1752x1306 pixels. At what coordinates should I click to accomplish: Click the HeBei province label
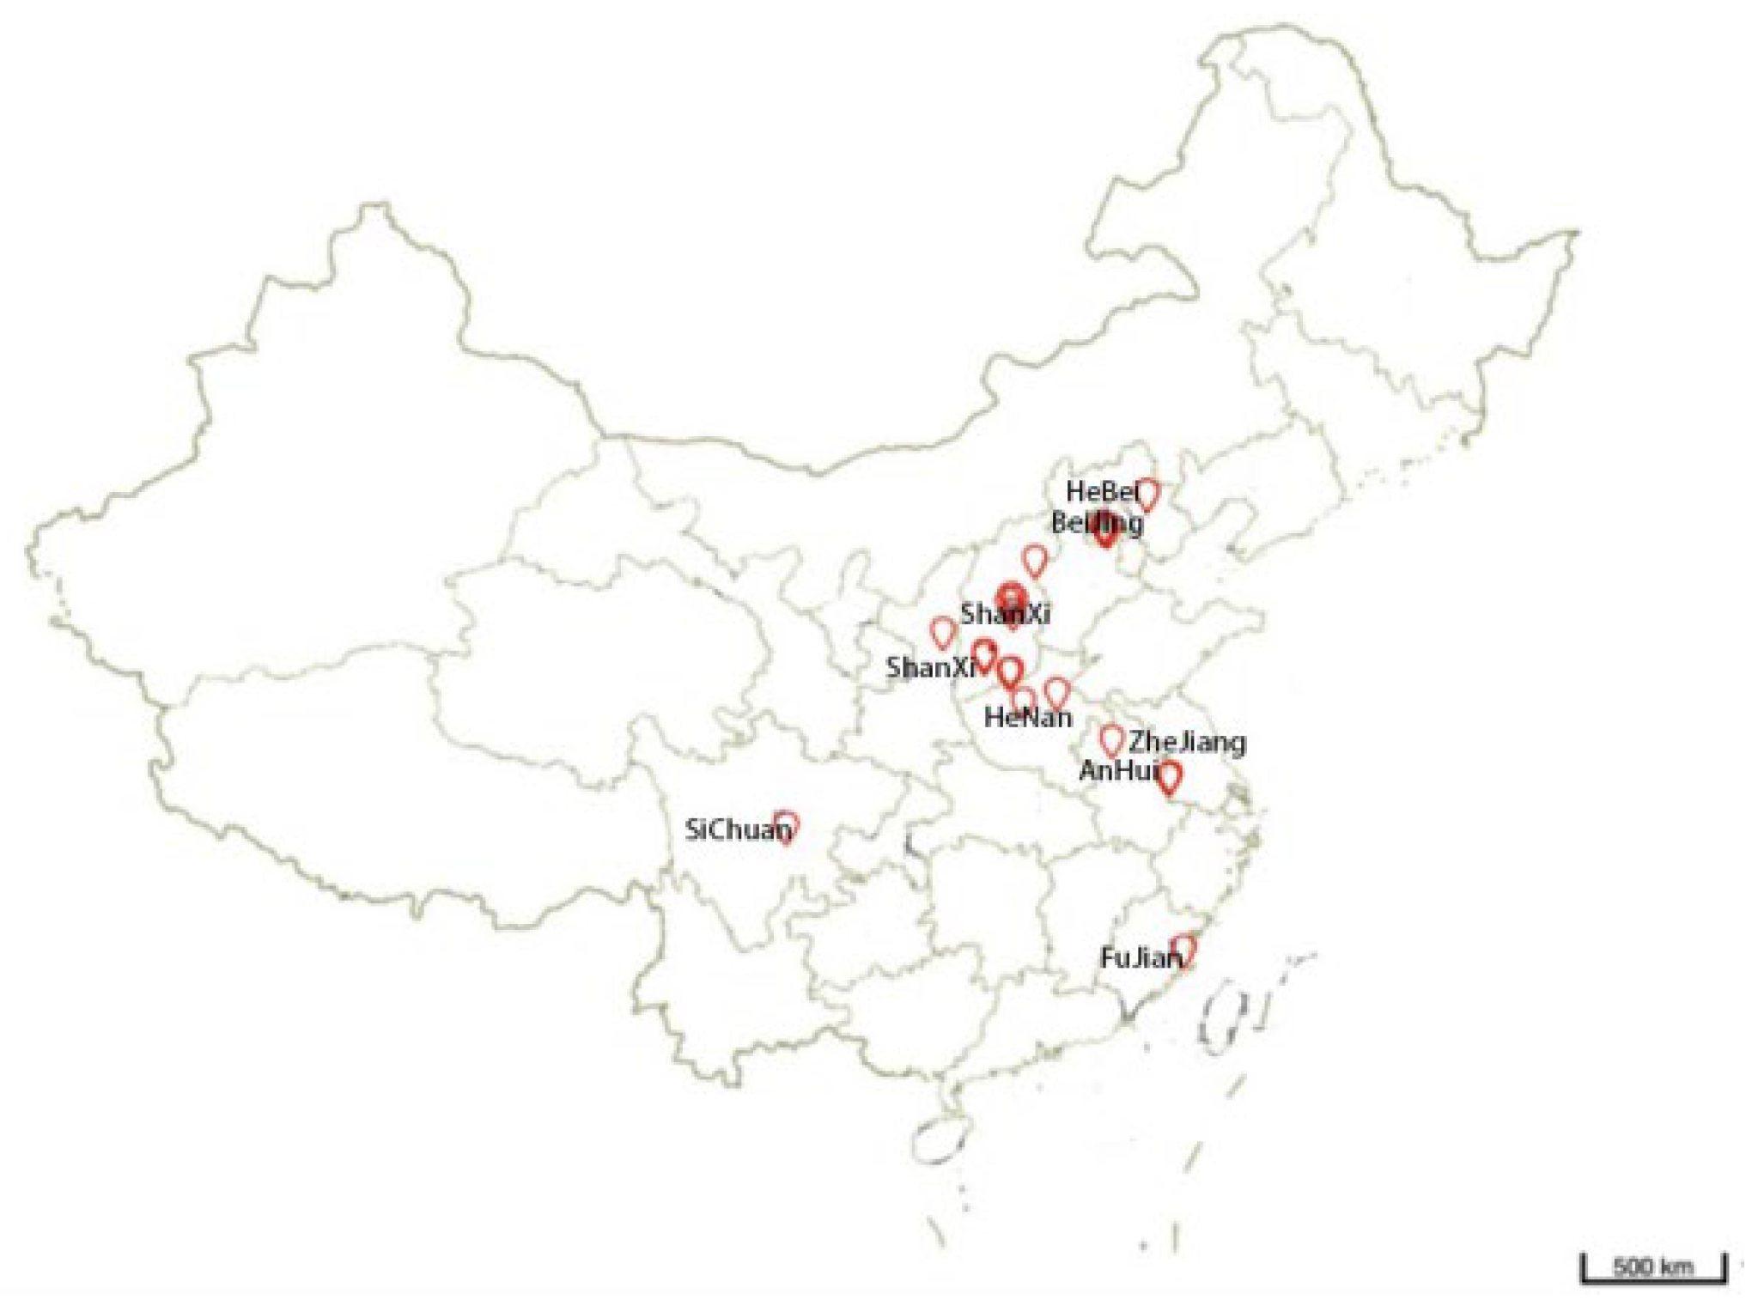[x=1101, y=492]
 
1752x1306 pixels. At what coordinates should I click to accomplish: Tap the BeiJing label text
[x=1096, y=523]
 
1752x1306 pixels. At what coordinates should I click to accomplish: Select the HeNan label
[x=1028, y=717]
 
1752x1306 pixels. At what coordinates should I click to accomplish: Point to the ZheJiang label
[x=1187, y=743]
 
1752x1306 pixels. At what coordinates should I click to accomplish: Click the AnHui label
[x=1118, y=771]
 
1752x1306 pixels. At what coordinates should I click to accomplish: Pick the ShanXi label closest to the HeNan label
[x=931, y=667]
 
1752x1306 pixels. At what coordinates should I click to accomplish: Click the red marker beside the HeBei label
[x=1147, y=494]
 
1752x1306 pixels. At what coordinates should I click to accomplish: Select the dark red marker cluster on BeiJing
[x=1105, y=527]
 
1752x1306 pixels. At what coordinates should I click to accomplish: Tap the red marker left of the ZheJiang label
[x=1111, y=738]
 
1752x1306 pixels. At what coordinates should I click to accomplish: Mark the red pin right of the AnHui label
[x=1169, y=777]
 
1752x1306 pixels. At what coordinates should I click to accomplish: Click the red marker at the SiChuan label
[x=786, y=826]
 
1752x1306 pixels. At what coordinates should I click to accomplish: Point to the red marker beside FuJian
[x=1184, y=950]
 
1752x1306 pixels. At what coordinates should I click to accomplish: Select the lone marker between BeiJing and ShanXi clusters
[x=1036, y=560]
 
